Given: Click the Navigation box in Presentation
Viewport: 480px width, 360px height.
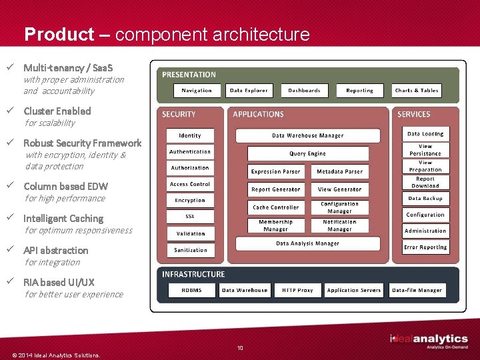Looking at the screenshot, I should (x=196, y=90).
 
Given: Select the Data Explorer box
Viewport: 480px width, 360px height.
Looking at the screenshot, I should (x=249, y=90).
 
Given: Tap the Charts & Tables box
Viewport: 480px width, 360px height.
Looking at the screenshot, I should (x=417, y=90).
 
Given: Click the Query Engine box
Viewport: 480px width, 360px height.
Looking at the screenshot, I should (x=307, y=153).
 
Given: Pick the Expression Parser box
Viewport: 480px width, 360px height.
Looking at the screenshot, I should (x=275, y=171).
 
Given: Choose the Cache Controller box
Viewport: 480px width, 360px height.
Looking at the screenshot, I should (x=275, y=207).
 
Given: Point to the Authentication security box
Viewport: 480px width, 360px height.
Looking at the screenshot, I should (x=190, y=152).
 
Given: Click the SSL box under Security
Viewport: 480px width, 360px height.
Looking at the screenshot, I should (x=190, y=217).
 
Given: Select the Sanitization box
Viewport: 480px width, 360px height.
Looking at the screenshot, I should (x=191, y=250).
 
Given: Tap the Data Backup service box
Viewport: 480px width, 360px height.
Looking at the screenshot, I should (x=425, y=198).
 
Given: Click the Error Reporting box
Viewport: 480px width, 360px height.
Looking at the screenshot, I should (x=425, y=247).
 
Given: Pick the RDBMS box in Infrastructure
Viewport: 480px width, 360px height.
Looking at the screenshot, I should (x=191, y=290).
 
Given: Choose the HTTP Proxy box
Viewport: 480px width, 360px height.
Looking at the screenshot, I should (x=297, y=290).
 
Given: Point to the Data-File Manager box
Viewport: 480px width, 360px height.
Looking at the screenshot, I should (x=417, y=290).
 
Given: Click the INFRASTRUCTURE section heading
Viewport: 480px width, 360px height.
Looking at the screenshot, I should (x=193, y=274).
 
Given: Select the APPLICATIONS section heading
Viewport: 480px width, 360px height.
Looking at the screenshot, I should (x=258, y=115).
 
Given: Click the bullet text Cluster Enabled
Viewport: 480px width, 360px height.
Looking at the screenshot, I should (x=57, y=111).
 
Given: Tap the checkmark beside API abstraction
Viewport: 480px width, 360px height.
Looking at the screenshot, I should (x=11, y=250).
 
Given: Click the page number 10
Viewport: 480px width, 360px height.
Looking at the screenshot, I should (x=240, y=347).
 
